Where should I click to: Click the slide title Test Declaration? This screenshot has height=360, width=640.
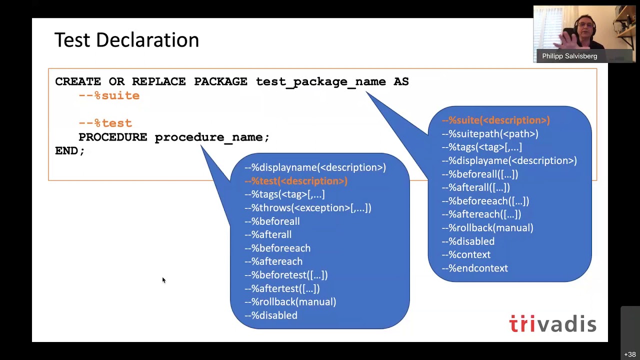point(126,40)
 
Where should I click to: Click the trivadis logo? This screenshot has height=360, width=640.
point(552,324)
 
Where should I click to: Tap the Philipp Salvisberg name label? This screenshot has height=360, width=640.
point(569,56)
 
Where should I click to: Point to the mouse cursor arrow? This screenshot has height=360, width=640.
point(163,280)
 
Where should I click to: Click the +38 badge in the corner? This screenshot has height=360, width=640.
point(629,354)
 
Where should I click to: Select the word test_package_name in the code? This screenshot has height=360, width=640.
point(320,81)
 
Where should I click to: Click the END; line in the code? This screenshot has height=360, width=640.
point(70,150)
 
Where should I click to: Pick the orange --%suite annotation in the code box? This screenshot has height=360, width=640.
point(109,95)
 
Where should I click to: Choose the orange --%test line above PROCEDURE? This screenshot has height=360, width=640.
point(105,123)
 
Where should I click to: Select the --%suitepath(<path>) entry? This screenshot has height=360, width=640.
point(489,133)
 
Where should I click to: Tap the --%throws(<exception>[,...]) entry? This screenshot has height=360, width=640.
point(307,207)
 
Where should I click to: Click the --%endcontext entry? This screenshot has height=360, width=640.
point(474,268)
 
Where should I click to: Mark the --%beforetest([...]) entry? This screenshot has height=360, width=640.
point(285,275)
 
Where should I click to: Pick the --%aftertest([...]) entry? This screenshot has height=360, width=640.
point(281,288)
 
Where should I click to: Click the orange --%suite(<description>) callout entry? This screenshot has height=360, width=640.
point(495,120)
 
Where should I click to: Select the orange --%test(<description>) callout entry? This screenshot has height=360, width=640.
point(295,181)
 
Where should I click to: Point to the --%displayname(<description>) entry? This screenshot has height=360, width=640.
point(315,167)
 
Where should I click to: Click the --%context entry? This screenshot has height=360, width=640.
point(465,254)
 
